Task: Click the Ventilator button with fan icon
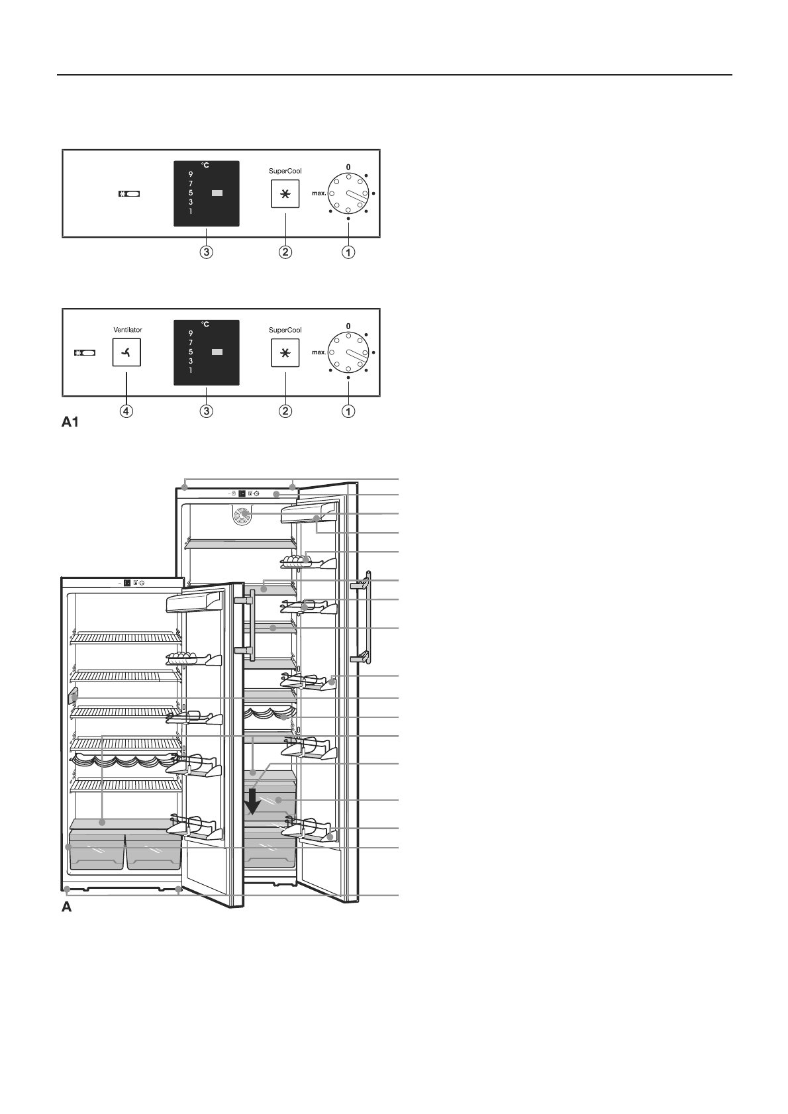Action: click(126, 353)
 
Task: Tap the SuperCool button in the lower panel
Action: click(285, 353)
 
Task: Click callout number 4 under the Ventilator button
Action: click(126, 411)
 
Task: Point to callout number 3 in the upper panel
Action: click(207, 252)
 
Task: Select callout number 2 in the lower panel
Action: click(285, 411)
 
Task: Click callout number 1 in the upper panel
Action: click(348, 252)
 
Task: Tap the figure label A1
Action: click(71, 422)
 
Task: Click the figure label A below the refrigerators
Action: click(66, 907)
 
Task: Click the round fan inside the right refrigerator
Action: click(243, 514)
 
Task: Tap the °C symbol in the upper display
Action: click(206, 165)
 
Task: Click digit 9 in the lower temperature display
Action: click(191, 333)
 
